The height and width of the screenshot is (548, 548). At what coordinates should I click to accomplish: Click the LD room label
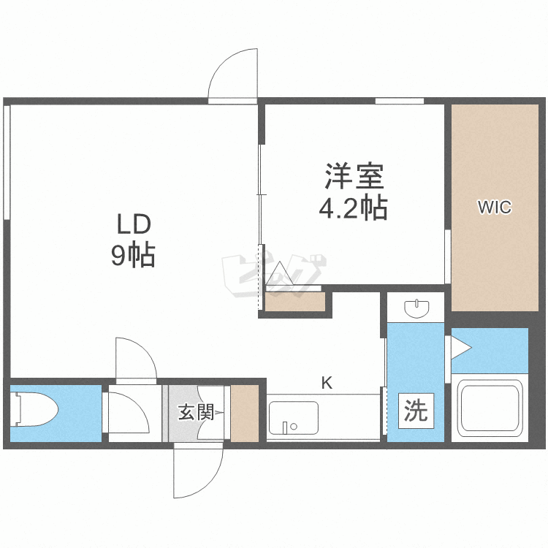coord(134,224)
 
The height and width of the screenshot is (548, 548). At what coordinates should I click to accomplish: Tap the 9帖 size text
coord(133,256)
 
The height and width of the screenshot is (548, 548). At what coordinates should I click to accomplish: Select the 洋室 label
coord(354,176)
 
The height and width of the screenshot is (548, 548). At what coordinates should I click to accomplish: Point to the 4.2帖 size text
coord(354,208)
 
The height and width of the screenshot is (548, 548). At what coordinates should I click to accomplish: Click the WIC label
coord(495,207)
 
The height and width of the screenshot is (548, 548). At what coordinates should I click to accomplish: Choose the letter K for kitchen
coord(327,383)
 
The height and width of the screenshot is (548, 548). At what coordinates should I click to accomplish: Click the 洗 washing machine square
coord(416,411)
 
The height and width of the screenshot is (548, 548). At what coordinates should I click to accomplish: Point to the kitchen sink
coord(294,418)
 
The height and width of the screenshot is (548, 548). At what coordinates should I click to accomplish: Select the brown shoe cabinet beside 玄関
coord(244,413)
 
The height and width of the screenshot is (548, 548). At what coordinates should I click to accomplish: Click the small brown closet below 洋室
coord(295,301)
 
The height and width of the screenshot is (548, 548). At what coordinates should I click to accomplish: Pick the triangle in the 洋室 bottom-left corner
coord(279,274)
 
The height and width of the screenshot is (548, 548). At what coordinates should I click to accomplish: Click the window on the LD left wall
coord(7,162)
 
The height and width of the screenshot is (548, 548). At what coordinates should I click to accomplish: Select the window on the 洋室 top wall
coord(400,101)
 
